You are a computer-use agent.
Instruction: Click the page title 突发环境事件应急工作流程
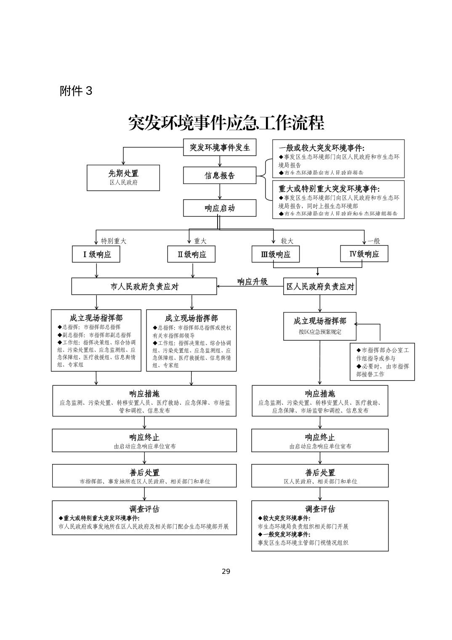[226, 123]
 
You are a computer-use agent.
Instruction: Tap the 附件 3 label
[76, 91]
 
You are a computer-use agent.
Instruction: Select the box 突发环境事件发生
[220, 147]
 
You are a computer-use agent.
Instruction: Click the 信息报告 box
[220, 176]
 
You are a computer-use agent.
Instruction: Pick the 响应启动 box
[220, 208]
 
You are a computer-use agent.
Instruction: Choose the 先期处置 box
[123, 177]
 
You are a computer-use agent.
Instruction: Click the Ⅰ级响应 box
[96, 254]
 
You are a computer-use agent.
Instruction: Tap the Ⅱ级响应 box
[192, 254]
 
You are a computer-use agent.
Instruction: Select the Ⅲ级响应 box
[276, 254]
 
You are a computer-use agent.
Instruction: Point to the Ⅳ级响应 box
[364, 254]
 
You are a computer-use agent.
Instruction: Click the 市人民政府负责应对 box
[144, 286]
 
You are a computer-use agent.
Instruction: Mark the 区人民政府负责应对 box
[320, 286]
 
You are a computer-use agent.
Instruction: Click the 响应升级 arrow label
[253, 282]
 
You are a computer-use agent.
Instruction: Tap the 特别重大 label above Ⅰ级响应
[113, 241]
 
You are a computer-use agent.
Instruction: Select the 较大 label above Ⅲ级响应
[287, 241]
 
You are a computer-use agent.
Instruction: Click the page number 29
[226, 571]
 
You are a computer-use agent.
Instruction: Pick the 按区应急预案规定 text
[320, 332]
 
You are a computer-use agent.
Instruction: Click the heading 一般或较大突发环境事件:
[321, 148]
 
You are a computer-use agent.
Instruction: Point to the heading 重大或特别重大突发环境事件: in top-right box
[329, 189]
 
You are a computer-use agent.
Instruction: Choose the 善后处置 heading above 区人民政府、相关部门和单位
[320, 473]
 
